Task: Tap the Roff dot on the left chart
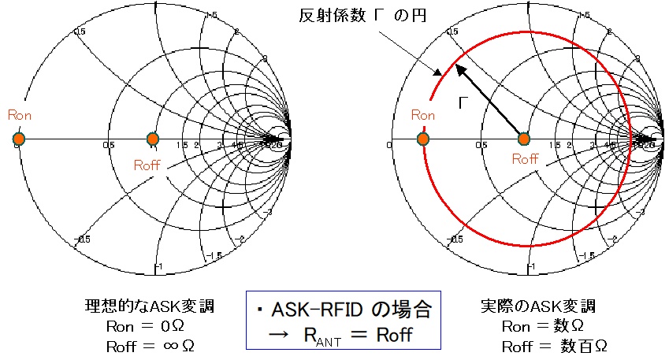click(153, 139)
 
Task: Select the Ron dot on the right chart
click(423, 139)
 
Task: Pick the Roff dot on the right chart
click(523, 139)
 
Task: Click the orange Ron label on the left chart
click(19, 115)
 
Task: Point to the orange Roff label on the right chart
click(525, 158)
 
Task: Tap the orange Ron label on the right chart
click(422, 115)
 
